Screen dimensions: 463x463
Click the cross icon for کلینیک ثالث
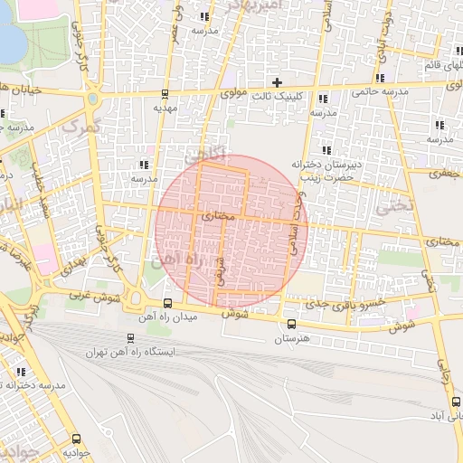[x=278, y=82]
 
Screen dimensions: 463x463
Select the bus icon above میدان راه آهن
[x=168, y=303]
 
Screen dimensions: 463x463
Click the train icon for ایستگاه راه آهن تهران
[x=131, y=338]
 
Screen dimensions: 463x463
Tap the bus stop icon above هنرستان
[x=290, y=324]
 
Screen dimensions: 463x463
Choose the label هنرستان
[x=290, y=338]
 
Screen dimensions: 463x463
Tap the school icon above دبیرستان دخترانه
[x=326, y=150]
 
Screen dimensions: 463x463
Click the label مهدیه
[x=163, y=107]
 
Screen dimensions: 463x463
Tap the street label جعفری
[x=444, y=172]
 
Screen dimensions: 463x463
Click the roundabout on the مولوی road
[x=92, y=98]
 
